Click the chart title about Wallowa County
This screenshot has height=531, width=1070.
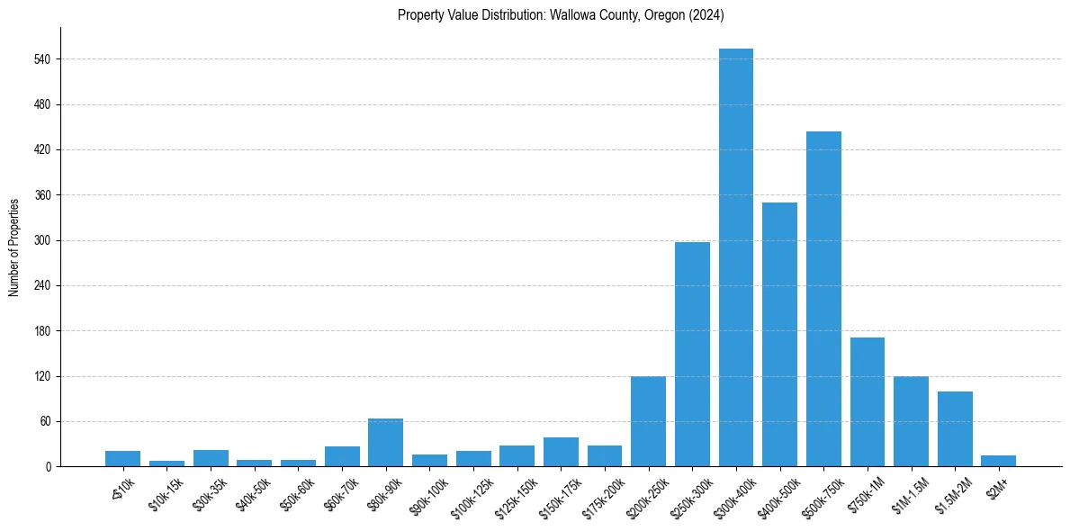pos(561,15)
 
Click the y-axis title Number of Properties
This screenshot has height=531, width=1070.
pos(14,247)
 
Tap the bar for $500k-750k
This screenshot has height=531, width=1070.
pos(823,299)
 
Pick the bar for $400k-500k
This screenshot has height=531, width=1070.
pos(779,335)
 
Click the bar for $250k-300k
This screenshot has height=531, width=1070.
pos(692,355)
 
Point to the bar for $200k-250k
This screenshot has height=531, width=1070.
pos(648,421)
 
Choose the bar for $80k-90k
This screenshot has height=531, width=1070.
pos(385,443)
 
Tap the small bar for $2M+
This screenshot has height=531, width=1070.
pos(999,461)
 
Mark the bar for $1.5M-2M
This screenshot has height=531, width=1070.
pos(955,429)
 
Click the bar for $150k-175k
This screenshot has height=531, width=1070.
pos(561,452)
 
